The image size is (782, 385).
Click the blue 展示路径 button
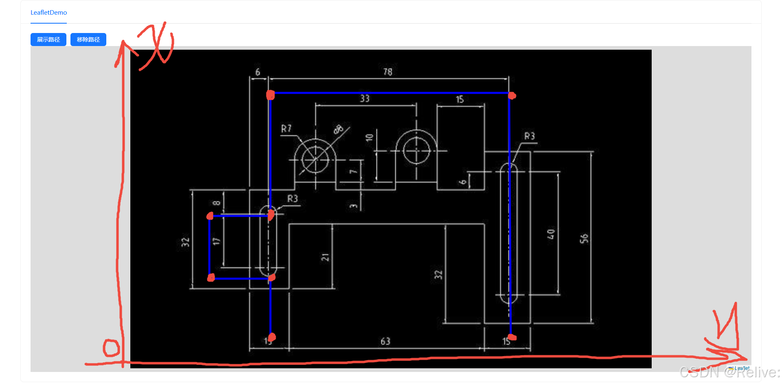pos(48,40)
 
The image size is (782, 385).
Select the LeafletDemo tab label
pos(48,13)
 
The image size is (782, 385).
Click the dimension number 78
pos(387,72)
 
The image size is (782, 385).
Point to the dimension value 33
pos(365,99)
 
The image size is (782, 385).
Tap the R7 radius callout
pos(286,129)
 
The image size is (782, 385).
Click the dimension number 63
pos(385,341)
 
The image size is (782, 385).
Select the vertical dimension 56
pos(584,238)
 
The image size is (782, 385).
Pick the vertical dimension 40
pos(551,234)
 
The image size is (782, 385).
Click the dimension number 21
pos(325,257)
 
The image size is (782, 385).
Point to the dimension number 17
pos(216,241)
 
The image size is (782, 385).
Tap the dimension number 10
pos(369,138)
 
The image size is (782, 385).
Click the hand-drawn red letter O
pos(111,348)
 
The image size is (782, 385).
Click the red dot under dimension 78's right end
pos(512,96)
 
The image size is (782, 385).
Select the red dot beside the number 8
pos(210,216)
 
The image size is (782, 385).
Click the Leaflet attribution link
pos(741,368)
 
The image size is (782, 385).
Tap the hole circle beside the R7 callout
pos(315,159)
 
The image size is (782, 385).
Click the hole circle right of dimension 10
pos(416,151)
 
